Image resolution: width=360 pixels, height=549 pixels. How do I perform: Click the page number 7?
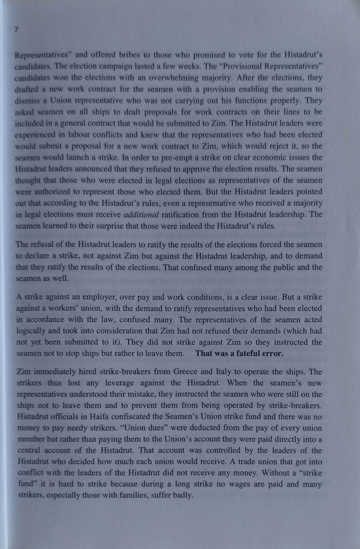tap(17, 31)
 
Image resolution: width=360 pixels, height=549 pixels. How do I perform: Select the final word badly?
tap(181, 495)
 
